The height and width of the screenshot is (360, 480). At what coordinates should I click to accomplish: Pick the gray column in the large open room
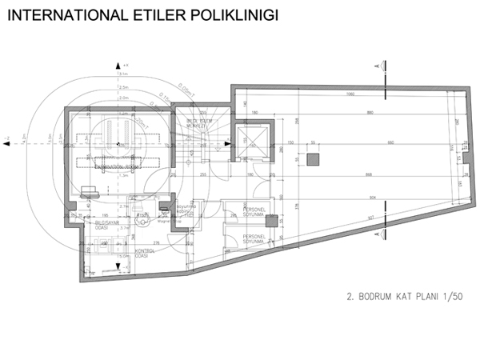(x=314, y=158)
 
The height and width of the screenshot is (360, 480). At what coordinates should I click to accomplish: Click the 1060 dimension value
(x=350, y=94)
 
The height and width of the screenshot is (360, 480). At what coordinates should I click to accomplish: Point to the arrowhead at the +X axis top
(x=118, y=63)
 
